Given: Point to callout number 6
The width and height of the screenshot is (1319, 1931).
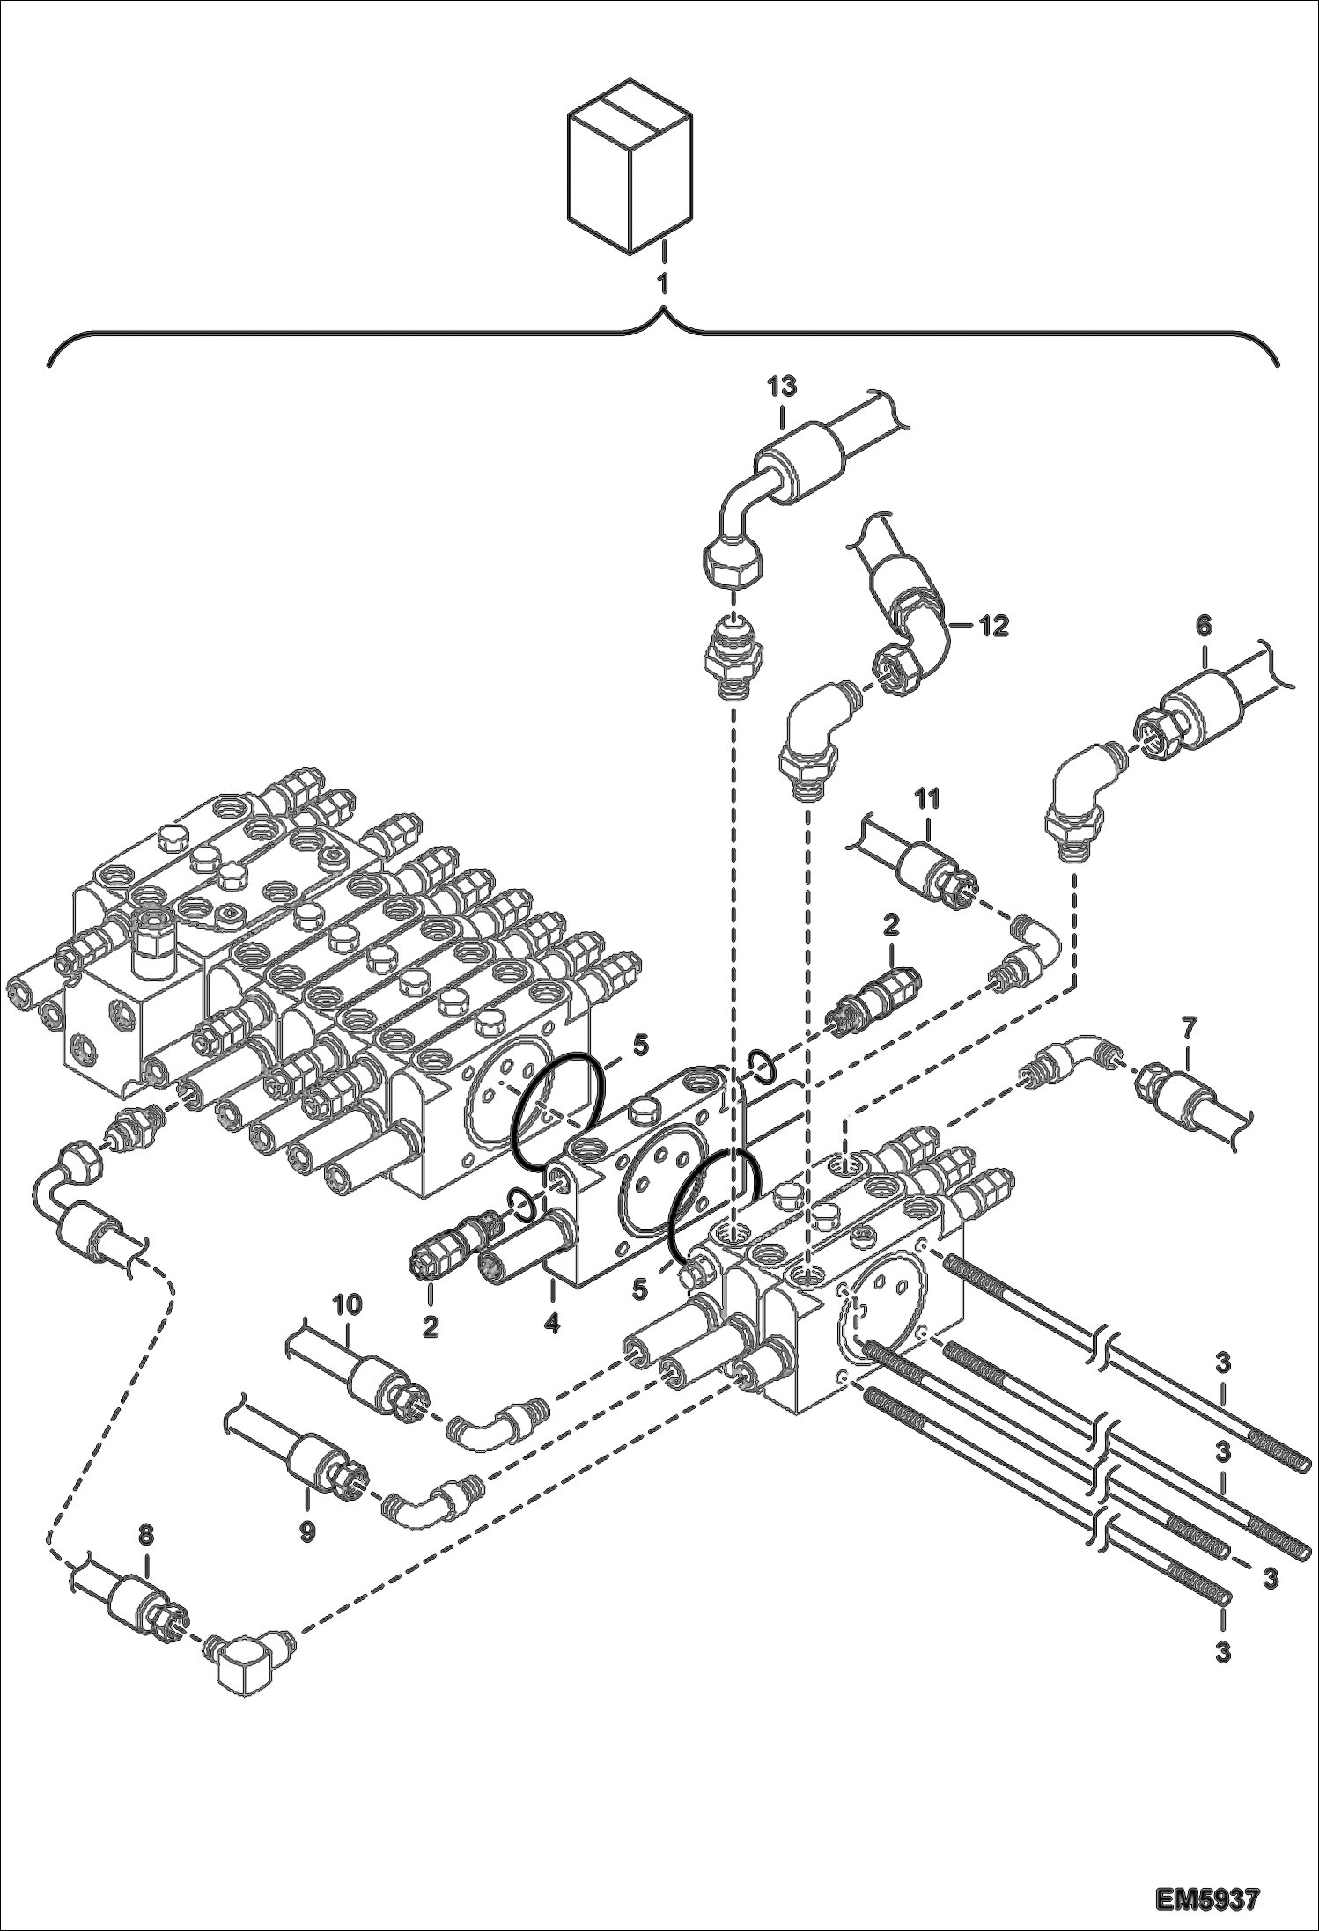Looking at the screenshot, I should tap(1203, 626).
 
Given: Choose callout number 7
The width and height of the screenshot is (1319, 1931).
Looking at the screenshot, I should tap(1189, 1025).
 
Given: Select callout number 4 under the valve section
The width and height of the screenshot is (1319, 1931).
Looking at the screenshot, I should tap(551, 1323).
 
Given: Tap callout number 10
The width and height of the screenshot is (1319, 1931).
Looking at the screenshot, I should tap(347, 1304).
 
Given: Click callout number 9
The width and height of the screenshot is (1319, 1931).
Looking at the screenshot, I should tap(307, 1531).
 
